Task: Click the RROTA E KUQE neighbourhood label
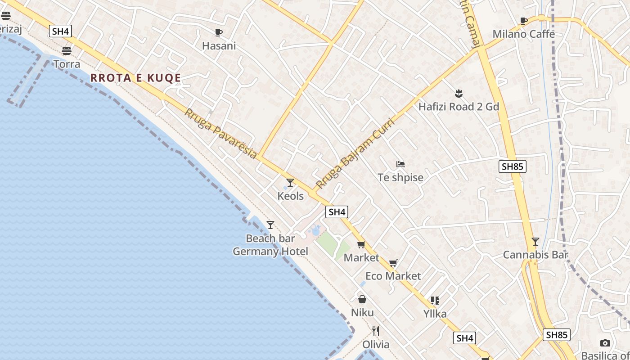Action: [135, 78]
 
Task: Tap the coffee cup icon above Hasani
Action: [219, 32]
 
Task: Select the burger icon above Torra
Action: [67, 50]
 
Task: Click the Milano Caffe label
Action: [523, 34]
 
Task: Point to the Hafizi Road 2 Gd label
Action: [459, 107]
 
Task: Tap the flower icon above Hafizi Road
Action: [459, 94]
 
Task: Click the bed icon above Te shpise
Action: [400, 164]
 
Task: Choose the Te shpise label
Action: [400, 177]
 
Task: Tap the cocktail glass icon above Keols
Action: [290, 183]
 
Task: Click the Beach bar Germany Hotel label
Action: [270, 245]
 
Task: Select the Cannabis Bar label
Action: [535, 255]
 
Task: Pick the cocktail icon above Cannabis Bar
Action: [535, 242]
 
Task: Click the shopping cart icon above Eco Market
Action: [393, 263]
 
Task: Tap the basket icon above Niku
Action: [362, 299]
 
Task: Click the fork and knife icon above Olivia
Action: [376, 331]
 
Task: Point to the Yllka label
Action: [435, 314]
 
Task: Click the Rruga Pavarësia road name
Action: [220, 133]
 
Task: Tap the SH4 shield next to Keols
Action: [337, 212]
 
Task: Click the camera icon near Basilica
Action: [605, 343]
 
